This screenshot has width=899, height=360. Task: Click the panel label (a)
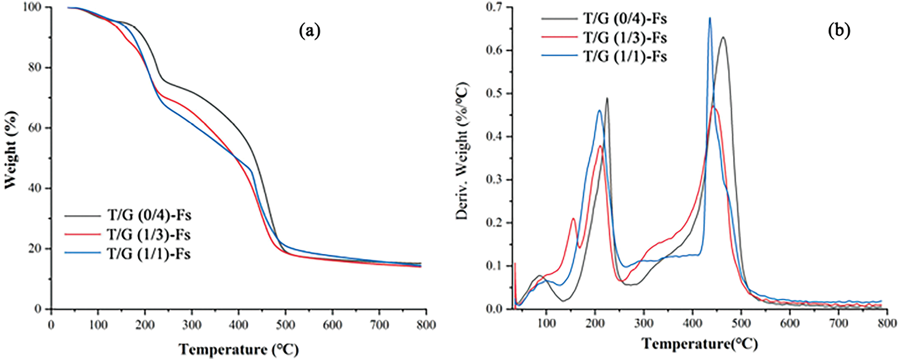pos(309,31)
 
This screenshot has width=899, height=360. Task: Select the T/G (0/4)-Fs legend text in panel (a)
pos(149,216)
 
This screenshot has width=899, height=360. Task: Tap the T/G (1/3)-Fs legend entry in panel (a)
pos(149,234)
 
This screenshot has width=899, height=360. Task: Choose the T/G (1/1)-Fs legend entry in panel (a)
pos(149,254)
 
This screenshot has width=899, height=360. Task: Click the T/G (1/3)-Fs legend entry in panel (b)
pos(625,37)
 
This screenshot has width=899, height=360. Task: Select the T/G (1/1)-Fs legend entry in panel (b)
pos(625,57)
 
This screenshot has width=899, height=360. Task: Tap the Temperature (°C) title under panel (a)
pos(239,350)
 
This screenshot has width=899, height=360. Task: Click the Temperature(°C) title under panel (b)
pos(699,343)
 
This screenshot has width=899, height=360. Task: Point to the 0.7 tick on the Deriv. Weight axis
pos(495,8)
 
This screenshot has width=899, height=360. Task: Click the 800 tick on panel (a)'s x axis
pos(426,325)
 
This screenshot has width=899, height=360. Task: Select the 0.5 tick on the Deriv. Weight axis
pos(495,94)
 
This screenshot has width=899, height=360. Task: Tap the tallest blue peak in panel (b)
pos(709,18)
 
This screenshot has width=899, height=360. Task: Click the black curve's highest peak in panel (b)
pos(723,37)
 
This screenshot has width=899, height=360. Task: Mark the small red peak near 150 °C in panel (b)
pos(573,218)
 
